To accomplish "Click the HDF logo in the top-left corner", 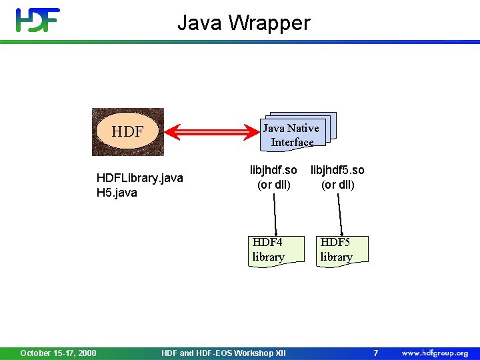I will [x=38, y=20].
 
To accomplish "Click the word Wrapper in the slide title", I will [x=270, y=23].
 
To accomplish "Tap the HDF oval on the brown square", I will [x=127, y=132].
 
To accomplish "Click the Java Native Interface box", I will [x=292, y=134].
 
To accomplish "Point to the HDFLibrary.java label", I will [x=139, y=178].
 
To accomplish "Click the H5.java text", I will [x=117, y=193].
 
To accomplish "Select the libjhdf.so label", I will [x=273, y=170].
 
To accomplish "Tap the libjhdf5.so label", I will [x=337, y=170].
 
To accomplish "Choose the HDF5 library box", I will [x=341, y=250].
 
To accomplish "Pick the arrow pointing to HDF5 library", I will [x=340, y=215].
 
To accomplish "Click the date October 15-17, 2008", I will [x=58, y=353].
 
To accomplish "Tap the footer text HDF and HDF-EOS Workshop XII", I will [x=223, y=353].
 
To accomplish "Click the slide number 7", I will [x=375, y=353].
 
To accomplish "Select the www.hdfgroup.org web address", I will [x=435, y=353].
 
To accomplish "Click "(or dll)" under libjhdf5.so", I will [x=337, y=185].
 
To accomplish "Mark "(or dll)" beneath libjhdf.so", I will [x=274, y=185].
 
